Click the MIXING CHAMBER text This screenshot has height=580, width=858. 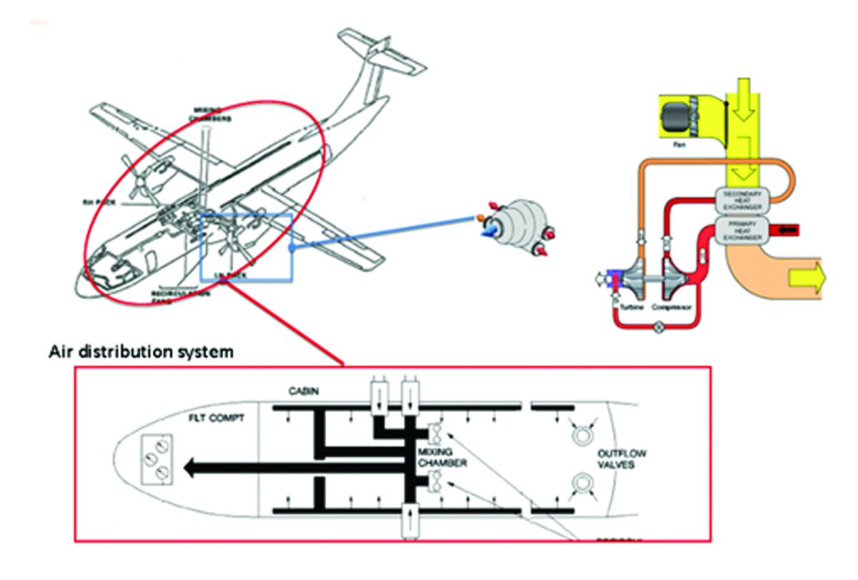(x=443, y=459)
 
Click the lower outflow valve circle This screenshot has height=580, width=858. (x=580, y=488)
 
